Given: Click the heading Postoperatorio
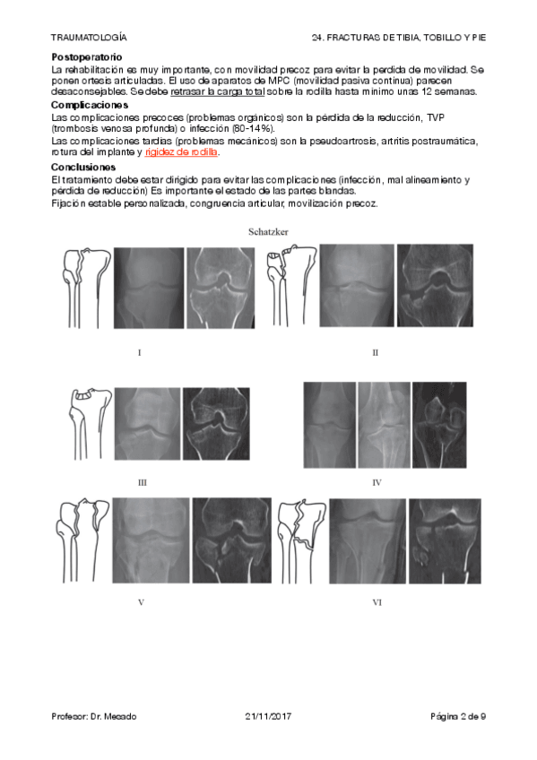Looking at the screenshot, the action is pyautogui.click(x=87, y=57).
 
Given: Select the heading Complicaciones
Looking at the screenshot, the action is pyautogui.click(x=90, y=105).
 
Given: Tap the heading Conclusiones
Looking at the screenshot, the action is pyautogui.click(x=83, y=168).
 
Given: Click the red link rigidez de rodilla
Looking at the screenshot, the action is pyautogui.click(x=181, y=152).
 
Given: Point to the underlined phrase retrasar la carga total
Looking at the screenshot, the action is pyautogui.click(x=218, y=91).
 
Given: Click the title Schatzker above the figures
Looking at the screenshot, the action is pyautogui.click(x=268, y=232).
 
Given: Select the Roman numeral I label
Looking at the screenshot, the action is pyautogui.click(x=140, y=353).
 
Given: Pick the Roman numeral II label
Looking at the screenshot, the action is pyautogui.click(x=375, y=353).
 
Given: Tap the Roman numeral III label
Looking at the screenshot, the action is pyautogui.click(x=142, y=483).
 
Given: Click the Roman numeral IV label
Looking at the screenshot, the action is pyautogui.click(x=377, y=483).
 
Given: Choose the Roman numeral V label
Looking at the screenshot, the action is pyautogui.click(x=141, y=602).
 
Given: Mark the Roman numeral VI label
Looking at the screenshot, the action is pyautogui.click(x=377, y=602).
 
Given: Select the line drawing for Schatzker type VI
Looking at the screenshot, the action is pyautogui.click(x=302, y=541).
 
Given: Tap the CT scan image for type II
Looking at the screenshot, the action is pyautogui.click(x=435, y=285).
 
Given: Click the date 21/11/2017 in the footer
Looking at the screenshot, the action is pyautogui.click(x=268, y=716).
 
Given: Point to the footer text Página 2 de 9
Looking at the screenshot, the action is pyautogui.click(x=458, y=716).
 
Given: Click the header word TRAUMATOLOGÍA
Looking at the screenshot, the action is pyautogui.click(x=89, y=38).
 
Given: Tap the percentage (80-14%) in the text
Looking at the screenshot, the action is pyautogui.click(x=253, y=129).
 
